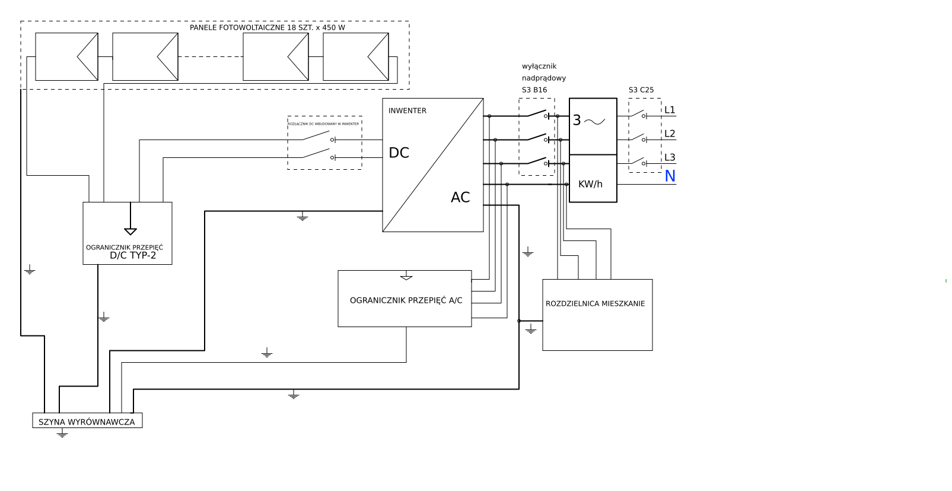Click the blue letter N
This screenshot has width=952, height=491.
(x=670, y=176)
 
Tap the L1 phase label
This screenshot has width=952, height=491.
(x=670, y=110)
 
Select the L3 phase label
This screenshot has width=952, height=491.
(x=670, y=157)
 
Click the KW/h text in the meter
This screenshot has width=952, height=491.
(x=590, y=184)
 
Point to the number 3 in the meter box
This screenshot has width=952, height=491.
(x=577, y=121)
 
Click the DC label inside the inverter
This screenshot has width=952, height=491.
(x=399, y=153)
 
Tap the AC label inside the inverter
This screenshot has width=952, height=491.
(x=460, y=197)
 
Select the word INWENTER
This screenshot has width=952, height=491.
(x=407, y=110)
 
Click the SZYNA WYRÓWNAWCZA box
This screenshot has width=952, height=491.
(x=87, y=422)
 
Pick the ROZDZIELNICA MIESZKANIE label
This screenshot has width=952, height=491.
(x=595, y=303)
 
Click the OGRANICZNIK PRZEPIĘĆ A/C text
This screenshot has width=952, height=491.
(x=406, y=300)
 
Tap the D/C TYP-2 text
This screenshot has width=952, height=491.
(x=133, y=255)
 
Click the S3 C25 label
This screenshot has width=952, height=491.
(x=641, y=90)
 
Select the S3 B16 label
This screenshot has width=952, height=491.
(x=534, y=90)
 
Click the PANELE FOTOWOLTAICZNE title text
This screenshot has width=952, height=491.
(x=267, y=27)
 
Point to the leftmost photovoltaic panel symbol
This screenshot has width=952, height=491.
(x=66, y=56)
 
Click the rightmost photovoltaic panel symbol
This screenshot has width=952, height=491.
(x=356, y=56)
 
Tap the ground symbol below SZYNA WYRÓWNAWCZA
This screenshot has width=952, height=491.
(x=62, y=434)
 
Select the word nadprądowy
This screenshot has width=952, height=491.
(x=544, y=78)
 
